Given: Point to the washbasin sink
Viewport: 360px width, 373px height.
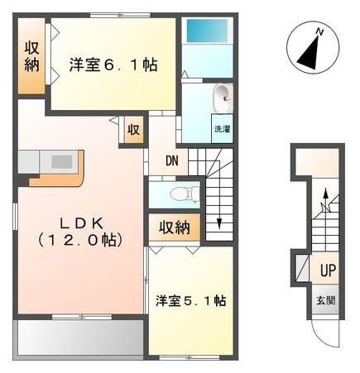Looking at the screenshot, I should pos(223,98).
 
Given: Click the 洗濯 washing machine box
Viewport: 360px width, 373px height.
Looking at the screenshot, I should pos(223,129).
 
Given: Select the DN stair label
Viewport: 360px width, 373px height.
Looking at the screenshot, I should pos(172,161).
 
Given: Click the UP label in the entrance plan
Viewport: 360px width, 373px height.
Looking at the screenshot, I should pos(328,270).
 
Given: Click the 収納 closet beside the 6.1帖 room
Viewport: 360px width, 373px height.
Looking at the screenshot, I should pos(31,56).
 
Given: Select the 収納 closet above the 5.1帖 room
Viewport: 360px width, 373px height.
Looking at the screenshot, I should pos(175,227).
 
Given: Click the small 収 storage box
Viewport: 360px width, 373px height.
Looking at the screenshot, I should pos(132,131).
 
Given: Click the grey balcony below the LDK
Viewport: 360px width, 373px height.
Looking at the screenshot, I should pos(79,337).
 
